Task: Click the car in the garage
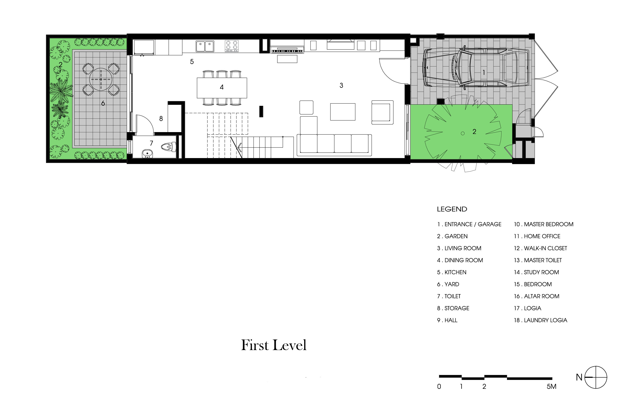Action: coord(476,68)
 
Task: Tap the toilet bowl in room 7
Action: coord(168,147)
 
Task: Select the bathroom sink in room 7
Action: coord(147,154)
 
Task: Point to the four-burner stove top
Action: coord(232,46)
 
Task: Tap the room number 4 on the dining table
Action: coord(222,87)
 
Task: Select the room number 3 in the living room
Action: coord(341,85)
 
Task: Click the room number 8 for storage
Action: coord(161,118)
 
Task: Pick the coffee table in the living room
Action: coord(343,112)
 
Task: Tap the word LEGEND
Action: coord(452,209)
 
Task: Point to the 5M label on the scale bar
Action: coord(551,386)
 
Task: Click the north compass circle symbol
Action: coord(596,377)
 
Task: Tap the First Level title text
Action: coord(274,345)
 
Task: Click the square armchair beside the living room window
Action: coord(382,112)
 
